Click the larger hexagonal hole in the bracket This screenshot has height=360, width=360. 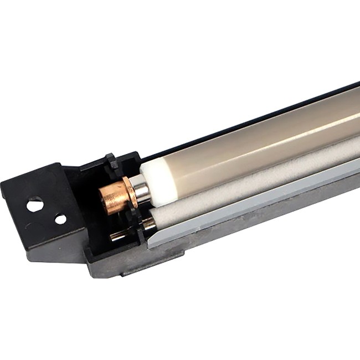tap(35, 205)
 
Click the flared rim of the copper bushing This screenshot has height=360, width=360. tap(130, 191)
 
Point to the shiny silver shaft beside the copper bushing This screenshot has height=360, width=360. tap(142, 191)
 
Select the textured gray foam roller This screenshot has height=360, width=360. tap(249, 178)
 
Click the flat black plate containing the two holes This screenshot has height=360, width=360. tap(44, 210)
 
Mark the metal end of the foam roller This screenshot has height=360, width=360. tap(148, 224)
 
